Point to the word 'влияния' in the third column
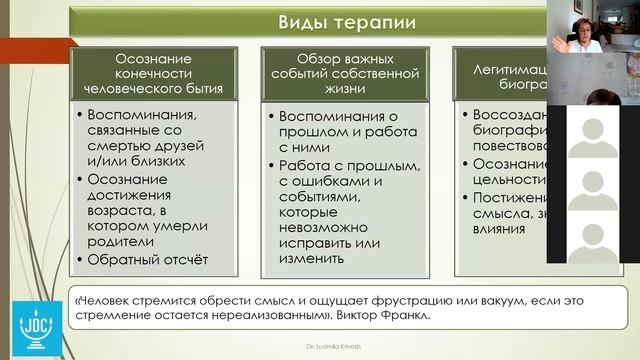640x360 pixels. (x=498, y=228)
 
